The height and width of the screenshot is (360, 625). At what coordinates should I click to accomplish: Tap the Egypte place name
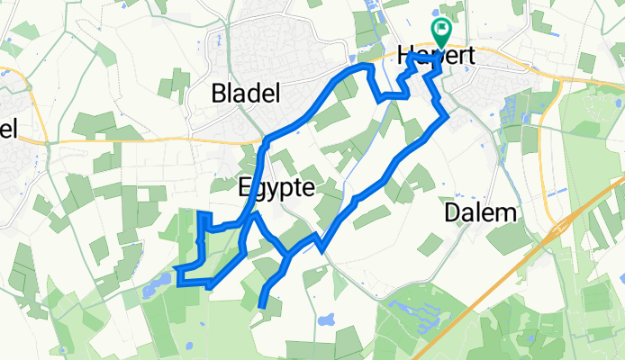276,188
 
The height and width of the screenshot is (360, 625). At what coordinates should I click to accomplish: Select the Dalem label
482,213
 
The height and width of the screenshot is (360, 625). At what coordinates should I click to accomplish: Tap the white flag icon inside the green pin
442,30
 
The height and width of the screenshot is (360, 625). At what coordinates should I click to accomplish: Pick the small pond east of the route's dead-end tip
325,319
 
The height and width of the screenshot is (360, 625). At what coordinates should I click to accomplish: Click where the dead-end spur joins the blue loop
286,256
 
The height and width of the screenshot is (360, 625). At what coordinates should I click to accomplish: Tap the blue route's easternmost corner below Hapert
448,115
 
